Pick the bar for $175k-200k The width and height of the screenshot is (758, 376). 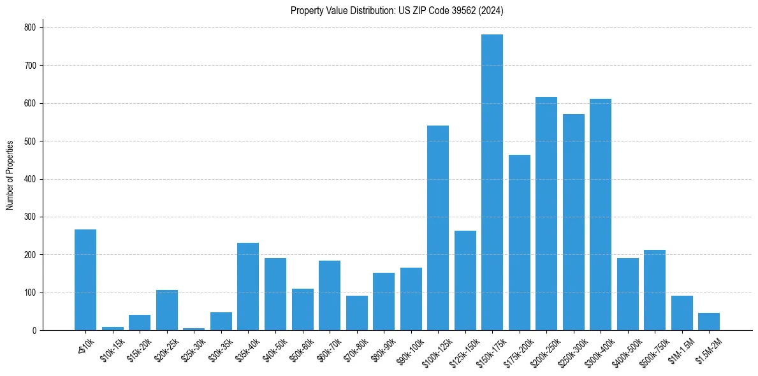tap(519, 242)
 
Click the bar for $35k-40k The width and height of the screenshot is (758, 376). tap(248, 287)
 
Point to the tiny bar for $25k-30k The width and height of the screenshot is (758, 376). tap(194, 329)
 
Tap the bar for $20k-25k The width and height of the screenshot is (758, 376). tap(167, 310)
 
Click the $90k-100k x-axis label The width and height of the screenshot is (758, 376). tap(410, 350)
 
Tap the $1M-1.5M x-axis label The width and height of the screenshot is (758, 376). tap(681, 350)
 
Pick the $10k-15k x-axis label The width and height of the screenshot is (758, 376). tap(112, 350)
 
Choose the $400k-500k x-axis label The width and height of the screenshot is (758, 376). tap(627, 350)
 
